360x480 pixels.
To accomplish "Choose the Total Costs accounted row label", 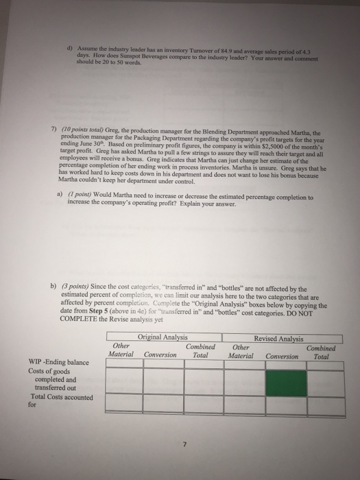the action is (x=51, y=397).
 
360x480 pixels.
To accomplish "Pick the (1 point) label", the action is (x=76, y=195).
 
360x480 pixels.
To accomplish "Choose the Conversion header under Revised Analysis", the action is (x=282, y=356).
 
